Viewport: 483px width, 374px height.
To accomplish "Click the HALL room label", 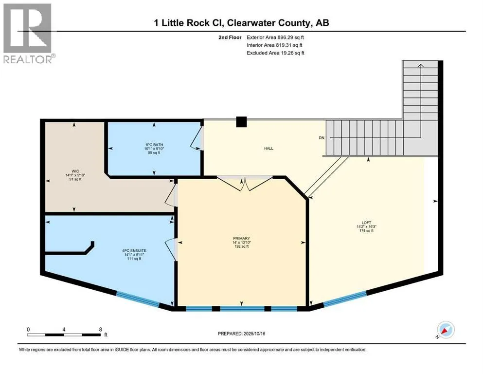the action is (x=268, y=149).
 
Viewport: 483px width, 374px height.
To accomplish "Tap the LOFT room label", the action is (x=366, y=223).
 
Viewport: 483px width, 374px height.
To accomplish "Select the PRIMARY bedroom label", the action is (x=241, y=238).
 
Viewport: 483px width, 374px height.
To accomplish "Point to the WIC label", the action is (x=75, y=171).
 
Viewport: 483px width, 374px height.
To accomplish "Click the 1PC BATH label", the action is (x=154, y=145).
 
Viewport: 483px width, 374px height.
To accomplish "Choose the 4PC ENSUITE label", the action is (x=134, y=251).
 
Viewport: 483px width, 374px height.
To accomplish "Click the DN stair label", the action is (x=322, y=138).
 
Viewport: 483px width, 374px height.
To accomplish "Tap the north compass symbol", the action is (x=446, y=330).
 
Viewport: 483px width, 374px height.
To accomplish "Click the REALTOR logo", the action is (x=29, y=33).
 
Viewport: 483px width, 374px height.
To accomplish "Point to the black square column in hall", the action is (x=241, y=122).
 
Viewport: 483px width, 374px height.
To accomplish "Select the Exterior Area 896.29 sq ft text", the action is (x=275, y=37).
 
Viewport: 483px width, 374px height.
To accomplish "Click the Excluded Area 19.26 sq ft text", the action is (x=275, y=53).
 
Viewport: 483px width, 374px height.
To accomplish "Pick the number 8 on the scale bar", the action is (x=100, y=329).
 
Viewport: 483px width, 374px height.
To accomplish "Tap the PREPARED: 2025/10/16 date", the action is (x=241, y=334).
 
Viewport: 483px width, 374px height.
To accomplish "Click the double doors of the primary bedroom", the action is (x=245, y=184).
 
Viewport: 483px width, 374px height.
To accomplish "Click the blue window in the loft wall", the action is (x=345, y=299).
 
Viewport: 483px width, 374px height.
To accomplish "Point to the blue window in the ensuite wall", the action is (x=138, y=299).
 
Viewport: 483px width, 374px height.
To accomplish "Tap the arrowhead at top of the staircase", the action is (x=420, y=65).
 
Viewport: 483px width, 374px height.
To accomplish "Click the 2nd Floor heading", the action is (x=230, y=37).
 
